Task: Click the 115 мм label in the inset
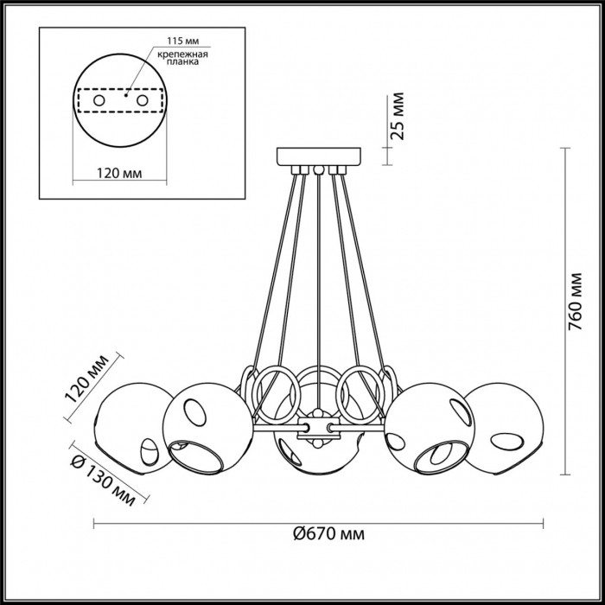point(183,41)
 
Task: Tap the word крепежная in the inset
point(183,54)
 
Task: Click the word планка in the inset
point(183,61)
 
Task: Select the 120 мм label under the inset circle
point(119,173)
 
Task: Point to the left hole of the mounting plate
point(99,101)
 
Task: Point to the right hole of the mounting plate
point(142,101)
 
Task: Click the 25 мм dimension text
point(397,116)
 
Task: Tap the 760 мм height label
point(575,302)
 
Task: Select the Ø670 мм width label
point(328,534)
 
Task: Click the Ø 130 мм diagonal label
point(103,479)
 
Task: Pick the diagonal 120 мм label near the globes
point(86,379)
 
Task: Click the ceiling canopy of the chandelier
point(319,156)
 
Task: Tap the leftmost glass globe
point(133,428)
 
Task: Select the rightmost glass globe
point(505,428)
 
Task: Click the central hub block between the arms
point(318,428)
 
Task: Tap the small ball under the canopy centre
point(318,169)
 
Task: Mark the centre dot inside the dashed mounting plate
point(125,94)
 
